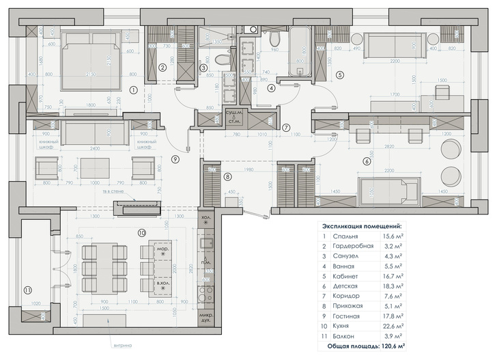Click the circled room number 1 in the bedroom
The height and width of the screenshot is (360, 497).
[134, 89]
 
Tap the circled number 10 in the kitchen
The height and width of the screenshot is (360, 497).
[142, 233]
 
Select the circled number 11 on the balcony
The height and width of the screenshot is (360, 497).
[27, 290]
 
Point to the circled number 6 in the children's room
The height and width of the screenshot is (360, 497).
[367, 161]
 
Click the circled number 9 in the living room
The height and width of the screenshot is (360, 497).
[175, 158]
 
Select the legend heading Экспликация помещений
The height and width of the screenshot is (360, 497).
[361, 225]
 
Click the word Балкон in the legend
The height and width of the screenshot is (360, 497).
[344, 335]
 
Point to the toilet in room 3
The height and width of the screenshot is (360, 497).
[223, 60]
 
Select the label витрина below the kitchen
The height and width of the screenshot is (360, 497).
[118, 347]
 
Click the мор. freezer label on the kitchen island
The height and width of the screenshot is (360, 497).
[162, 250]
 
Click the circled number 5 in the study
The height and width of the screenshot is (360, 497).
[339, 74]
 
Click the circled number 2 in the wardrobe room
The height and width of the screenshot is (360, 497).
[162, 68]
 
